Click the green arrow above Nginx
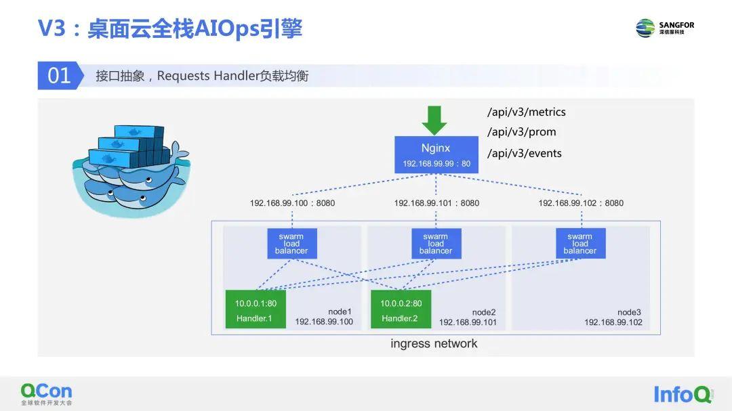[x=434, y=121]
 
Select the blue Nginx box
[x=436, y=154]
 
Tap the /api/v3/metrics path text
[x=526, y=112]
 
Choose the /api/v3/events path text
[x=524, y=153]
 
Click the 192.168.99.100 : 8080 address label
[x=292, y=203]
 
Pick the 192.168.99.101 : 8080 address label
[x=436, y=203]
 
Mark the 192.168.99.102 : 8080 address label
[x=581, y=203]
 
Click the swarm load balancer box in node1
[x=291, y=244]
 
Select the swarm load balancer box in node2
[x=436, y=244]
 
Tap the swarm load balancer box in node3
[x=580, y=244]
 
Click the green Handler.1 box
[x=256, y=310]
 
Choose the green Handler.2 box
[x=401, y=310]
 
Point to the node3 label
[x=629, y=312]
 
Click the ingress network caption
[x=434, y=343]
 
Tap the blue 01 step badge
[x=59, y=76]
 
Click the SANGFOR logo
[x=665, y=28]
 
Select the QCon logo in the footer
[x=46, y=393]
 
